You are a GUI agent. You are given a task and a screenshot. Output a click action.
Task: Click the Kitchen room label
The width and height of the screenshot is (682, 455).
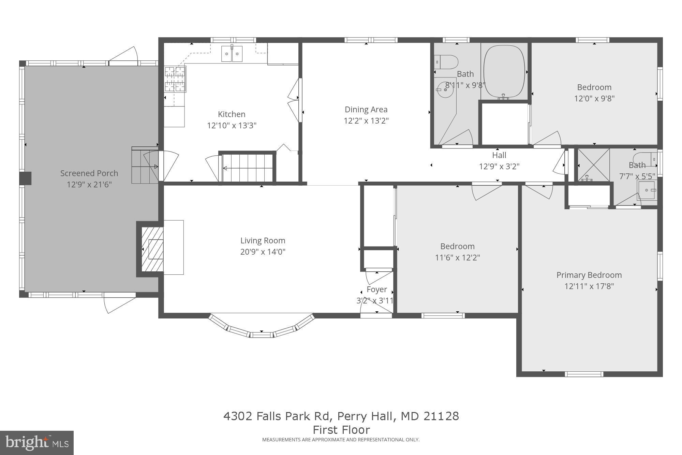coord(232,114)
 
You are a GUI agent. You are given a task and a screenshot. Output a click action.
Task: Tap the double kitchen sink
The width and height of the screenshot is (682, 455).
coord(232,54)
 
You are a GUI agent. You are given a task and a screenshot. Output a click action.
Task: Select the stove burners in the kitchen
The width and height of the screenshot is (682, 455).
coord(175,79)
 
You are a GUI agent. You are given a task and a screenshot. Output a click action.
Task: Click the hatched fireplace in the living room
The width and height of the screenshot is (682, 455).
coord(152,250)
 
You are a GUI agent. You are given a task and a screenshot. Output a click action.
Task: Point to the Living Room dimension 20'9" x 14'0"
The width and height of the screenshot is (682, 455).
coord(263,252)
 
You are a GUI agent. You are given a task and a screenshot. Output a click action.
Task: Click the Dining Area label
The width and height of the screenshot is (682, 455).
coord(366,110)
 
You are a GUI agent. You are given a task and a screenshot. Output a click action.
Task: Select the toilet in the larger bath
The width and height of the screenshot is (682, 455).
coord(447,62)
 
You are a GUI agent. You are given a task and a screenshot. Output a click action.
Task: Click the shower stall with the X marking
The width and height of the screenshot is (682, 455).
coord(594,165)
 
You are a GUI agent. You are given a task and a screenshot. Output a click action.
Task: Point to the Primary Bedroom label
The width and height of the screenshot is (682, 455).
coord(589,275)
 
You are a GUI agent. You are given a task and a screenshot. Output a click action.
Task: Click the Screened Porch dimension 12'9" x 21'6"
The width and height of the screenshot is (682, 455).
coord(89,185)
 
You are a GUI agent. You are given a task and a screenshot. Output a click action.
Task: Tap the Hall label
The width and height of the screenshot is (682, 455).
coord(499,155)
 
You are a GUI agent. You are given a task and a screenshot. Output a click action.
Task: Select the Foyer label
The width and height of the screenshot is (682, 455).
coord(376,289)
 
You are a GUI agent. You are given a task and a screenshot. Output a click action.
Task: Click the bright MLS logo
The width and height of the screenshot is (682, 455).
coord(37,443)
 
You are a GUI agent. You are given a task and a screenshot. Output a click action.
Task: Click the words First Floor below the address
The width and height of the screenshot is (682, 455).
coord(341,429)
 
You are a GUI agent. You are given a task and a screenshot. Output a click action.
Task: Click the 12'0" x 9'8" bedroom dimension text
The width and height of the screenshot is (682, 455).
coord(594,99)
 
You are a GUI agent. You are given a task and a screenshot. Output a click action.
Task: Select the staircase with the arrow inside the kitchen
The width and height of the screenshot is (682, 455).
coord(248,168)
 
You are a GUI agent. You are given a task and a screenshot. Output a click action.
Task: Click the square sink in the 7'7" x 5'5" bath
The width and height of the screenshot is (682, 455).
coord(646,190)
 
